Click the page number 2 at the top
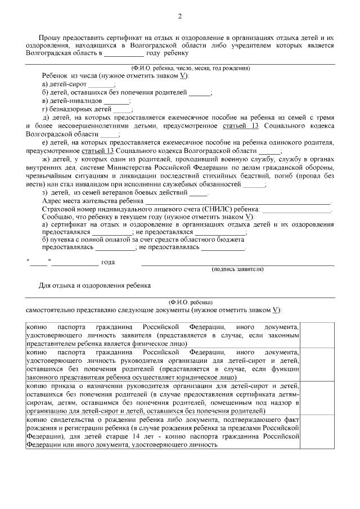coord(180,16)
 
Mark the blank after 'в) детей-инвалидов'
coord(120,101)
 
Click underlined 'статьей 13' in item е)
coord(98,151)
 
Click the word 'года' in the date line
coord(108,262)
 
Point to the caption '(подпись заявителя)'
coord(237,269)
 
